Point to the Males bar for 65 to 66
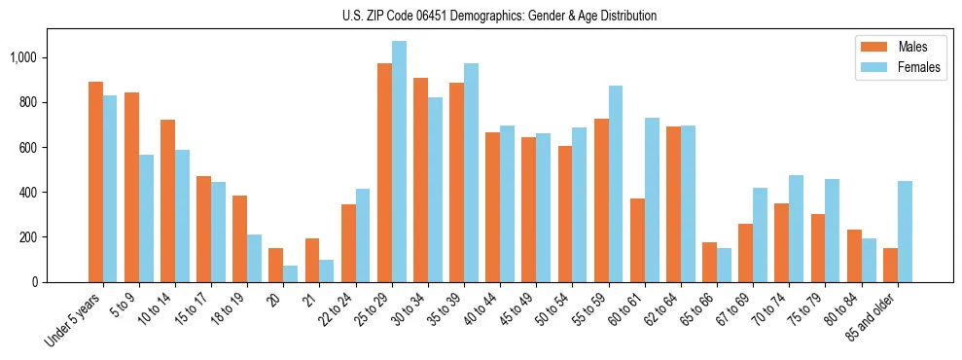pos(709,262)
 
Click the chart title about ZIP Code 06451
pos(499,16)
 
